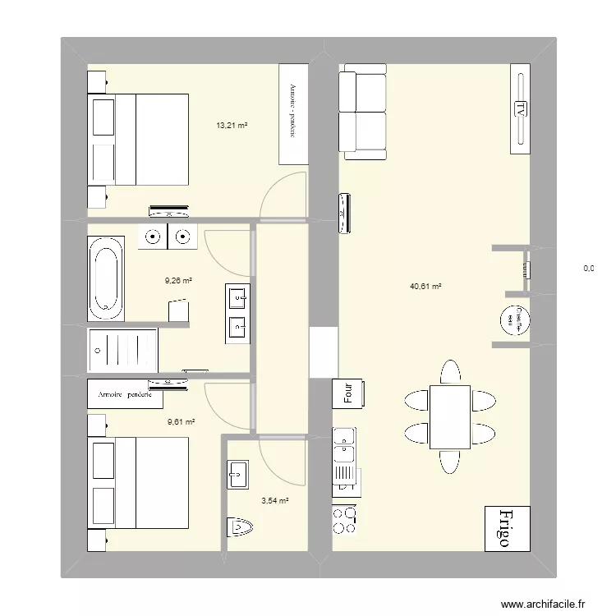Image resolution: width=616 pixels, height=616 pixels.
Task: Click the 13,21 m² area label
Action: point(232,126)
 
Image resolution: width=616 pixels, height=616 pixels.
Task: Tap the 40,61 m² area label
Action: point(425,287)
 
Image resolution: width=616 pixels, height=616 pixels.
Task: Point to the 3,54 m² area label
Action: point(274,499)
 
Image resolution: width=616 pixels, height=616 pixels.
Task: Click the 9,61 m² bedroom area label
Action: point(181,422)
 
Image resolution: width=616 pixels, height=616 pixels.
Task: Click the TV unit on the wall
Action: point(519,108)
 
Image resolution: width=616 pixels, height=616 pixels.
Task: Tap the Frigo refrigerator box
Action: point(508,527)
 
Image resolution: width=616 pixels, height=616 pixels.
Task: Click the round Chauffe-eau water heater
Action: point(516,319)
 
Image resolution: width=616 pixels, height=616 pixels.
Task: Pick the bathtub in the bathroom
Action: point(105,278)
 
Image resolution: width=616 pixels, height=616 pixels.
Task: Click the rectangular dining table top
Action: point(449,416)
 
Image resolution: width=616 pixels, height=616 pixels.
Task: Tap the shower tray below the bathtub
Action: point(122,350)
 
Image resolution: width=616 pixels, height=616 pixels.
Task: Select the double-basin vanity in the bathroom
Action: point(237,312)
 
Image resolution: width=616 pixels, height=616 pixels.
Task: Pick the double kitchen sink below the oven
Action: point(343,448)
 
